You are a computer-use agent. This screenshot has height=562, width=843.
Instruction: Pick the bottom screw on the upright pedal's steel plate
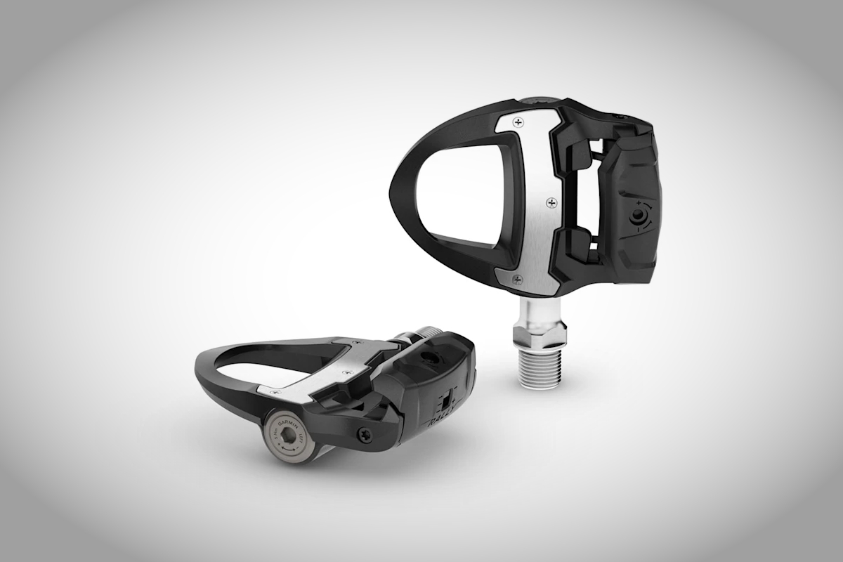[518, 279]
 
